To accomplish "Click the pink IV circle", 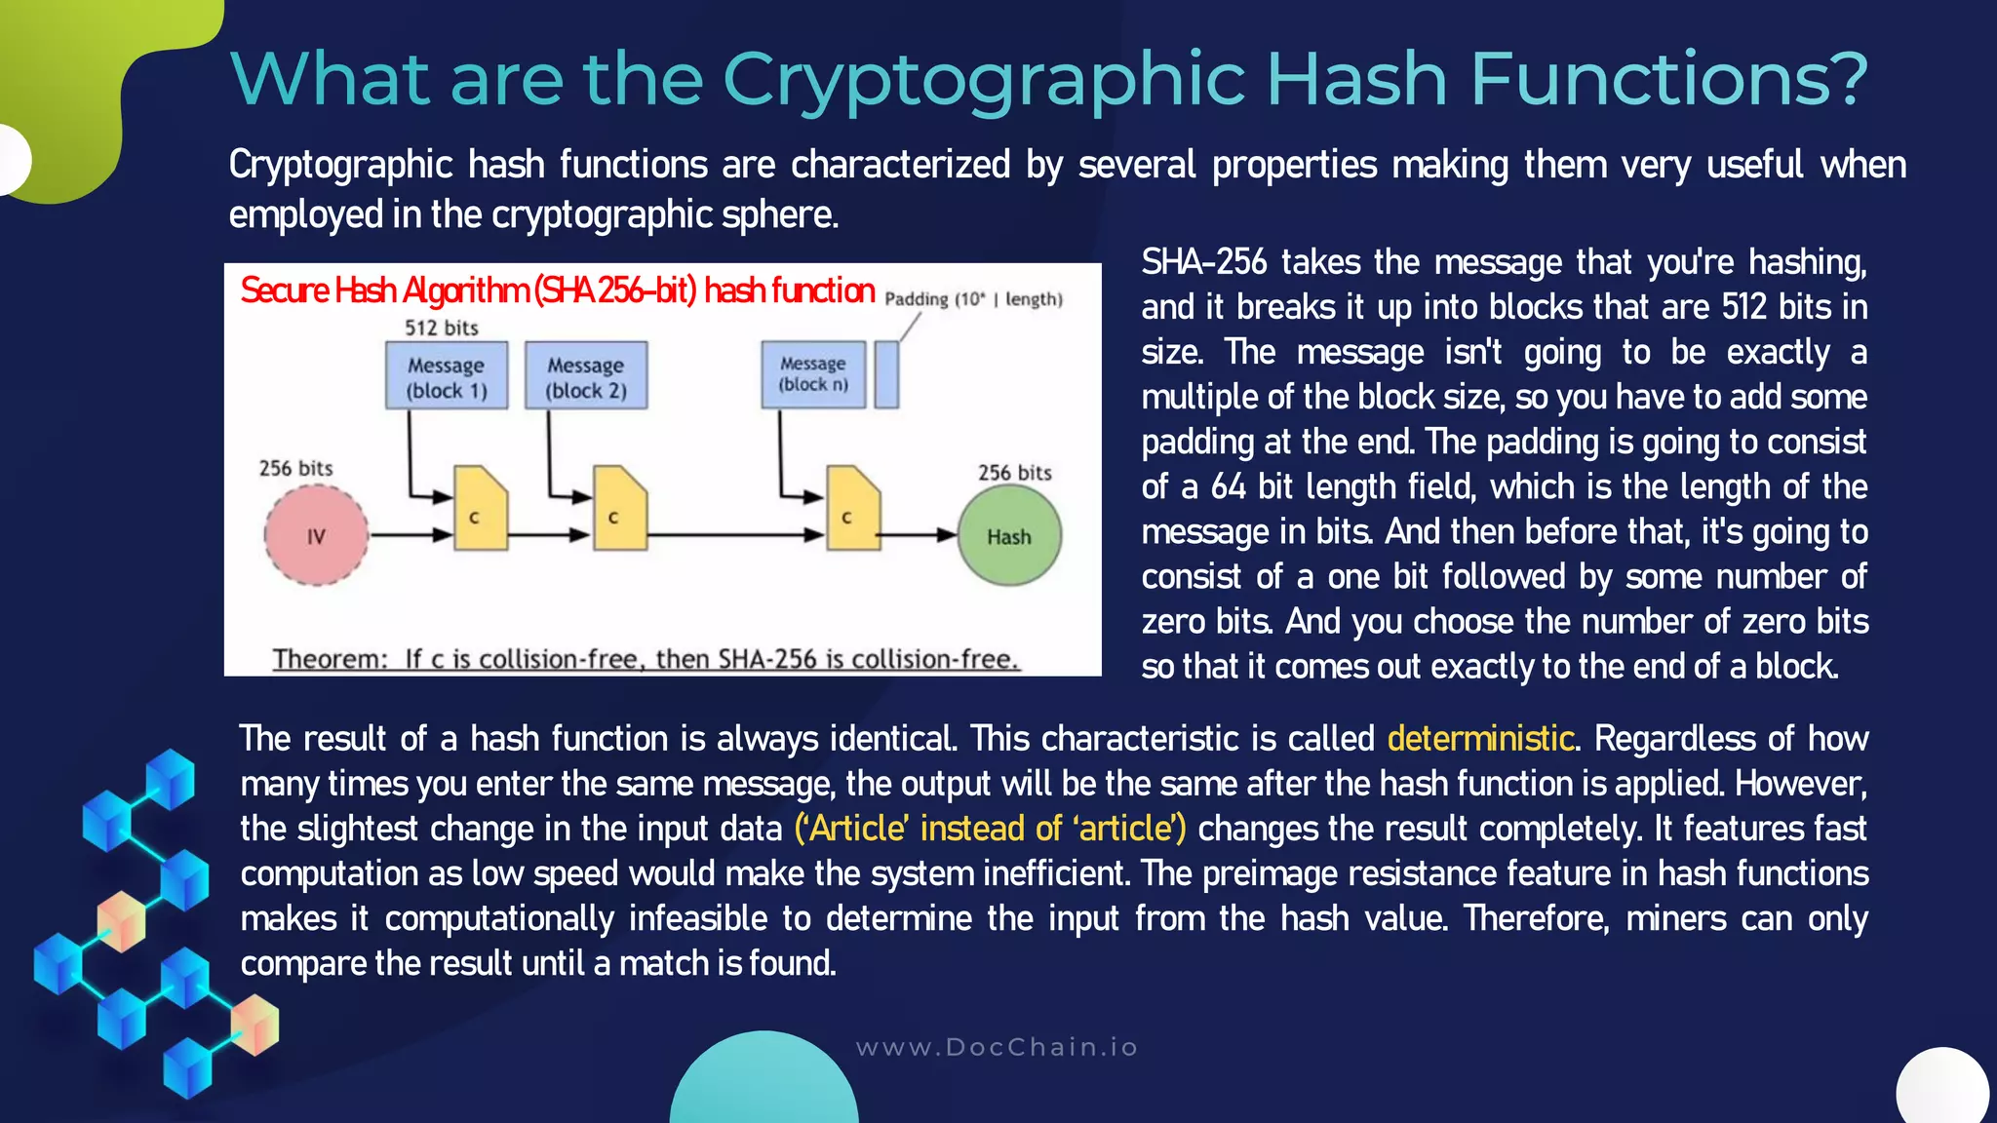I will pyautogui.click(x=316, y=535).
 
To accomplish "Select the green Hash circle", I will pyautogui.click(x=1009, y=535).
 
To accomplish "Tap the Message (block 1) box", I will pyautogui.click(x=447, y=376).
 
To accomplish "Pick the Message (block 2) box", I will pyautogui.click(x=586, y=376).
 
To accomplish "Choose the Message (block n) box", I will pyautogui.click(x=813, y=374).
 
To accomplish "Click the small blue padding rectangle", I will pyautogui.click(x=886, y=374).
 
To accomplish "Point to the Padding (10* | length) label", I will pyautogui.click(x=973, y=299).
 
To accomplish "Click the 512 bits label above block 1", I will pyautogui.click(x=442, y=329).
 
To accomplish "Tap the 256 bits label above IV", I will pyautogui.click(x=295, y=469).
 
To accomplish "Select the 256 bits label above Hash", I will pyautogui.click(x=1015, y=473).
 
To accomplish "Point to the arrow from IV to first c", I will pyautogui.click(x=411, y=535).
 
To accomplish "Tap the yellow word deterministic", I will pyautogui.click(x=1480, y=739).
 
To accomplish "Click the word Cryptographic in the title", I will pyautogui.click(x=984, y=80).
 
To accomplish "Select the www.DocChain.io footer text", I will pyautogui.click(x=997, y=1048).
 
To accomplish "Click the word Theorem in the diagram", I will pyautogui.click(x=330, y=660).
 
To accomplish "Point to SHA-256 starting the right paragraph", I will pyautogui.click(x=1204, y=262).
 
